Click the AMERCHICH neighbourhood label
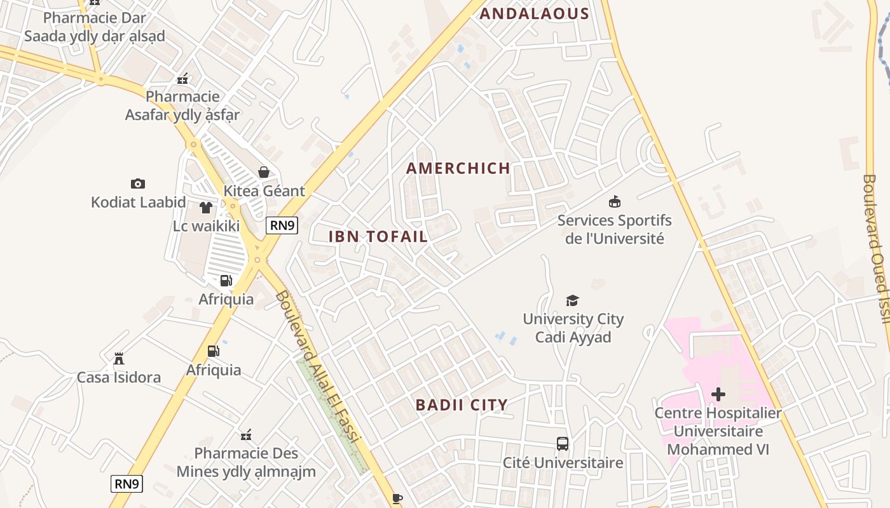(458, 168)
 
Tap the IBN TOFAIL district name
(378, 237)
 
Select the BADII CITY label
(462, 405)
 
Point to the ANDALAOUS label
(534, 14)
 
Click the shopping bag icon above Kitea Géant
(264, 172)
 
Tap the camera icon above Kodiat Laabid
(137, 184)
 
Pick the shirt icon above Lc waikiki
(206, 208)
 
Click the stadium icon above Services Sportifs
(614, 202)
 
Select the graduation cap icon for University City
(573, 300)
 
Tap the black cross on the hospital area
(718, 394)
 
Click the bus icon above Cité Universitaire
(563, 444)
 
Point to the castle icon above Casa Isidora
(119, 359)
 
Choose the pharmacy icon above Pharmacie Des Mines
(246, 435)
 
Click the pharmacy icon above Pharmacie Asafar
(182, 79)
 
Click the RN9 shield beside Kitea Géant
(282, 225)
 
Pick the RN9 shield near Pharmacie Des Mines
(127, 484)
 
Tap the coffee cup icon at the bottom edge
(397, 498)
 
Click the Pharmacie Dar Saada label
(94, 27)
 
